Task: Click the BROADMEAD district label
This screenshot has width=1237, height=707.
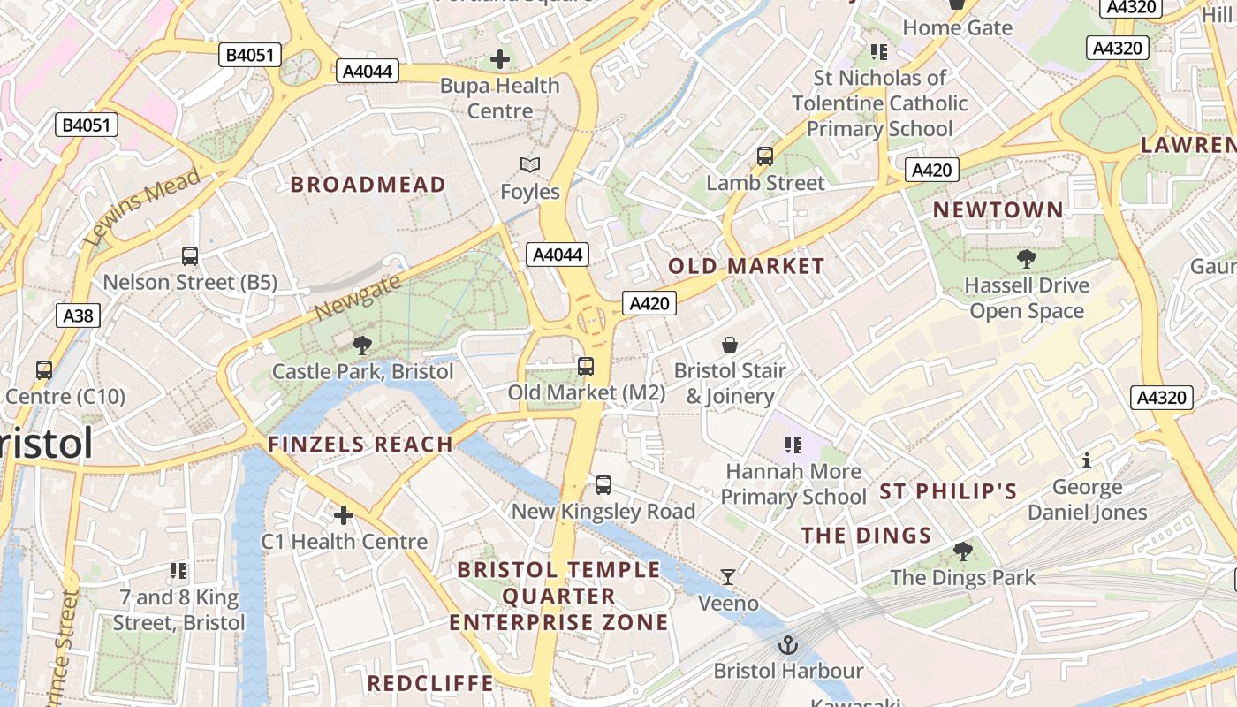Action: [368, 184]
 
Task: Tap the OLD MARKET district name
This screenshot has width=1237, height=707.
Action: [747, 266]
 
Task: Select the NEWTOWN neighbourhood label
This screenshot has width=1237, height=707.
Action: [998, 210]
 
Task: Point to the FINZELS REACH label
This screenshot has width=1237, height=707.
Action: [360, 445]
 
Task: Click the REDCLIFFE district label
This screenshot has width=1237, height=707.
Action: [430, 683]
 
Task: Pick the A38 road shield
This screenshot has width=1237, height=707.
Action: [78, 315]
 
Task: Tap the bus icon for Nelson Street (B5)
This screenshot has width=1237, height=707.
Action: [190, 256]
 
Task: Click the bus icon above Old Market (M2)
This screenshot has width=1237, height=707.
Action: [585, 366]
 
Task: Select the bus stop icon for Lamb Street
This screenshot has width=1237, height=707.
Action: [765, 156]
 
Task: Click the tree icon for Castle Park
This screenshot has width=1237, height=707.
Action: [361, 345]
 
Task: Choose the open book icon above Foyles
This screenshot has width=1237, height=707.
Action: [530, 165]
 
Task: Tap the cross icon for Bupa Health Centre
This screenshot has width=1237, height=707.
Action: [500, 60]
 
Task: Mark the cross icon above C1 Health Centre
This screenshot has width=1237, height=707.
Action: [344, 514]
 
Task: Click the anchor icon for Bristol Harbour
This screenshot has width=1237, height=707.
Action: [787, 645]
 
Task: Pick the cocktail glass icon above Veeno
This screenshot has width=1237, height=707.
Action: [728, 577]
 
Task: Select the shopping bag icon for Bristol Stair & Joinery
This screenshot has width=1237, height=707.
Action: [730, 344]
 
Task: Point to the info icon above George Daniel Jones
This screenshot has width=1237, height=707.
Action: [1087, 460]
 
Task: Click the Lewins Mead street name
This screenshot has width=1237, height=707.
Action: [141, 209]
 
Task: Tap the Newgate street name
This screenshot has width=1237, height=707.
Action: [357, 298]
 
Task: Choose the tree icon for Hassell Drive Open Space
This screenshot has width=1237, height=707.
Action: [1026, 259]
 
